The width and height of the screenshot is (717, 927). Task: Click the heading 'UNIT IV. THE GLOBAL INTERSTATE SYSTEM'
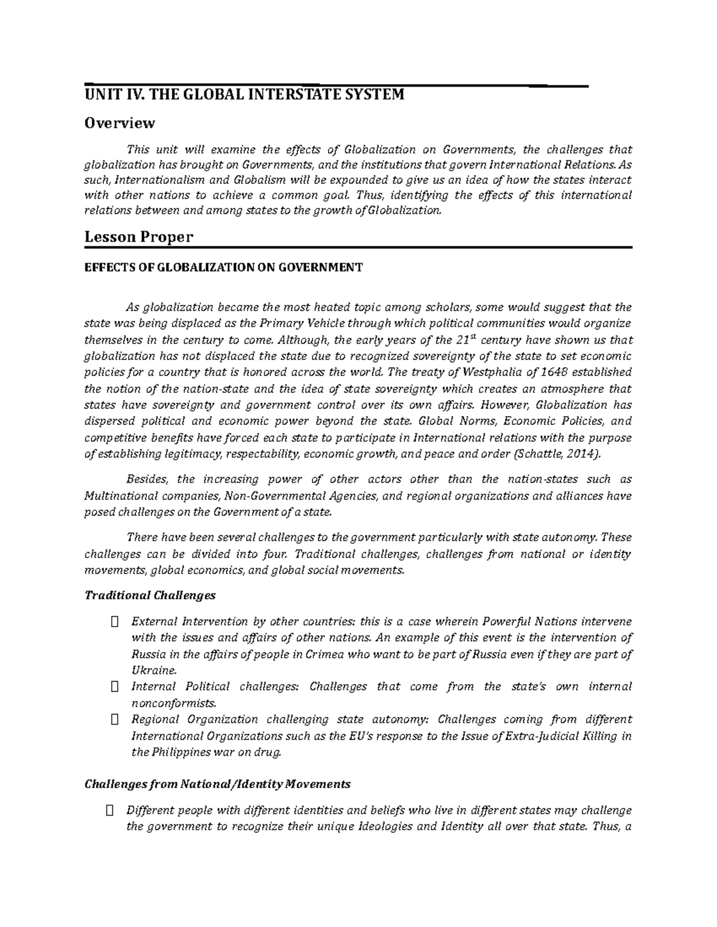(244, 95)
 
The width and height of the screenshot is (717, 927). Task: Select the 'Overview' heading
(119, 123)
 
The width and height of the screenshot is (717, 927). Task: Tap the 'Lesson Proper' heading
(139, 237)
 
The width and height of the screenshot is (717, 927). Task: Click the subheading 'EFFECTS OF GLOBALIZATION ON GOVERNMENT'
(223, 267)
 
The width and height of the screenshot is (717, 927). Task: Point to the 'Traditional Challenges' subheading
(150, 595)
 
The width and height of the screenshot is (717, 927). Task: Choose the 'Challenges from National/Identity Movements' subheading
(217, 784)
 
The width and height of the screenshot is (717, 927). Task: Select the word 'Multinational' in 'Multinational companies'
(118, 496)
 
